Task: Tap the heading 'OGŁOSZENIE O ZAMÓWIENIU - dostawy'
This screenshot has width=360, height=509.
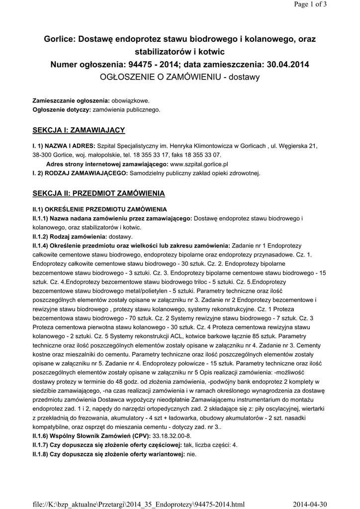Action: click(180, 77)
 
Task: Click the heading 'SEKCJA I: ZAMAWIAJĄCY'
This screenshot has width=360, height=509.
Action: click(79, 130)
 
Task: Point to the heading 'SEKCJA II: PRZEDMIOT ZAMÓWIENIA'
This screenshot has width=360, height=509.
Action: click(98, 192)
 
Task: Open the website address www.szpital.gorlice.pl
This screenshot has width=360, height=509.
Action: click(199, 164)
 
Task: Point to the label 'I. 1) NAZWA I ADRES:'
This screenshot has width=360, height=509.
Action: click(62, 146)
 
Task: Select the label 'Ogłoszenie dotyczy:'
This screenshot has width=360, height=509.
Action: click(62, 109)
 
